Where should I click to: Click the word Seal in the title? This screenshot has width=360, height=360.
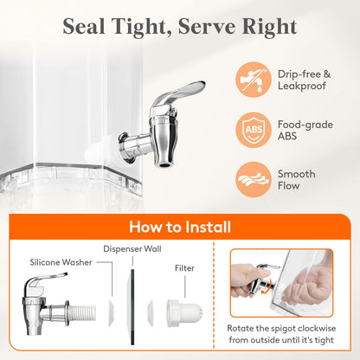[84, 27]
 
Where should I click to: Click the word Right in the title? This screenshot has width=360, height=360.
[269, 28]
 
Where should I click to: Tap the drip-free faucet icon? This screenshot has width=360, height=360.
[254, 80]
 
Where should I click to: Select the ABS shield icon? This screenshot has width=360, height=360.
[254, 130]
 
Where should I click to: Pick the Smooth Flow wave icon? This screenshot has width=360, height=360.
[254, 179]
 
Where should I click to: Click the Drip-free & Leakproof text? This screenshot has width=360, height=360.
[304, 80]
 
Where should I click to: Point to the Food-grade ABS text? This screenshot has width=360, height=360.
[305, 130]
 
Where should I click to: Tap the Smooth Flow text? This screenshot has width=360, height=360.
[296, 180]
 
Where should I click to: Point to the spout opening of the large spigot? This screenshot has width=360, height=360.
[164, 165]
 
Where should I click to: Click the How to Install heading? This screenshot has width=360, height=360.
[180, 227]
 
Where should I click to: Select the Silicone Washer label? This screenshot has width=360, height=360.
[61, 262]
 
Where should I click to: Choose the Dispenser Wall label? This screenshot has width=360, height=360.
[132, 249]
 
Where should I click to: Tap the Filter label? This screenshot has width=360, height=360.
[184, 268]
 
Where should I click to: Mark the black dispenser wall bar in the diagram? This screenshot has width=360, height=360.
[132, 306]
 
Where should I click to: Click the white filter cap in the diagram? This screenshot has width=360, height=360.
[184, 313]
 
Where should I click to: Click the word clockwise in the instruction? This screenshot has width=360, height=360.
[317, 329]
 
